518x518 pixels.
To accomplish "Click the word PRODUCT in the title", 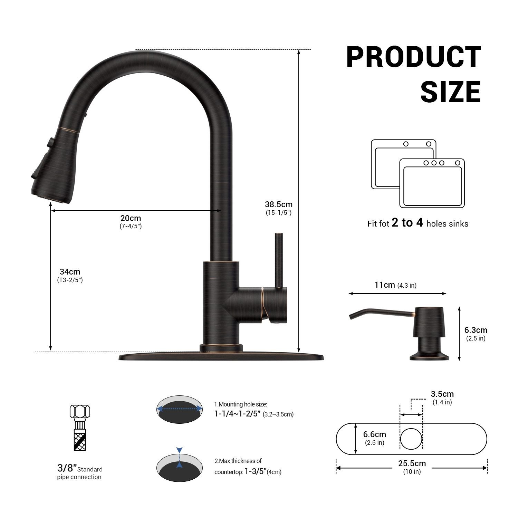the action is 413,57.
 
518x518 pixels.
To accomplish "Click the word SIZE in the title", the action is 451,91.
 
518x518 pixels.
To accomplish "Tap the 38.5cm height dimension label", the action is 279,204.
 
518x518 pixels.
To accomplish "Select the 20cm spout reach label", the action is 131,218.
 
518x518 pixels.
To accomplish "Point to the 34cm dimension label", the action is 70,272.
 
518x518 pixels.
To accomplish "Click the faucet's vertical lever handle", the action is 279,260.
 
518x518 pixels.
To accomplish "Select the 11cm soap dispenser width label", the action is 385,285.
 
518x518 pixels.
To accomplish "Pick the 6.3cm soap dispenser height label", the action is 476,330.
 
